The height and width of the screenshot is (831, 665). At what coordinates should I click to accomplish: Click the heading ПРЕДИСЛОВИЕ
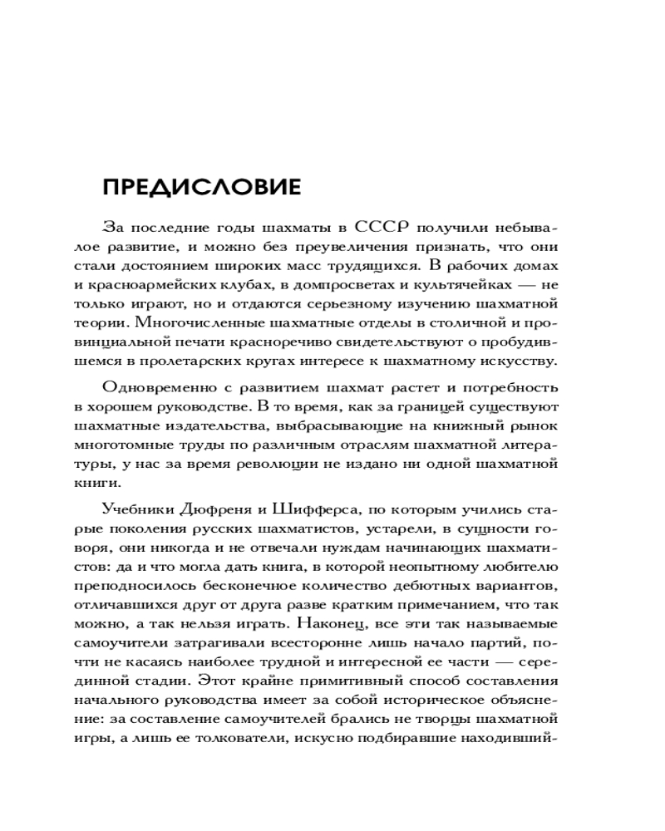point(201,186)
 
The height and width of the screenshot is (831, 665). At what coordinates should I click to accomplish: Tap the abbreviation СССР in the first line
point(382,226)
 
